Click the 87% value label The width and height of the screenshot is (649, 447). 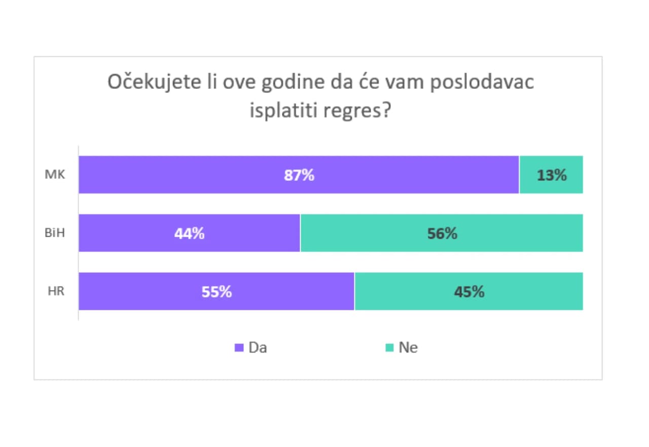[x=299, y=175]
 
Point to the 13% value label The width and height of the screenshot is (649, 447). [x=552, y=175]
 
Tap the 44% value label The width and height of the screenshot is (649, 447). [x=190, y=234]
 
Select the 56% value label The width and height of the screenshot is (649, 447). [x=442, y=234]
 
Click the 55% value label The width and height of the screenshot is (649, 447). [x=217, y=292]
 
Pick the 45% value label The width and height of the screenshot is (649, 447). [x=469, y=292]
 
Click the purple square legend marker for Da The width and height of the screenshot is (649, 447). [x=239, y=348]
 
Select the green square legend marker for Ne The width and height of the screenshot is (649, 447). [x=389, y=348]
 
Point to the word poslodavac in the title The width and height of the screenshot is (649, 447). [x=482, y=82]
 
